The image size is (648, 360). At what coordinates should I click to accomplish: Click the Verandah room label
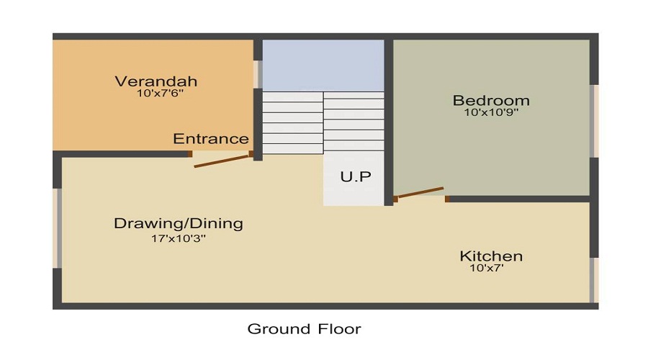pos(156,81)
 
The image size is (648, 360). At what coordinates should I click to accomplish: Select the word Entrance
pos(211,139)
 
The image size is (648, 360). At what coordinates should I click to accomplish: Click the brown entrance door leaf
pos(222,161)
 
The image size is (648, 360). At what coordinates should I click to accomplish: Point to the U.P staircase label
pos(355,177)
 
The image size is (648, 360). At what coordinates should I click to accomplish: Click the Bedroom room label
pos(491,100)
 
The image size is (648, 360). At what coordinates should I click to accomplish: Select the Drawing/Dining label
pos(179,223)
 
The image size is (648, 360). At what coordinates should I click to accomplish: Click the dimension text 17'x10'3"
pos(179,238)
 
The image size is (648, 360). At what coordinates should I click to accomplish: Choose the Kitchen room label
pos(491,256)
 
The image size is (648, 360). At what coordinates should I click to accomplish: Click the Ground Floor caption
pos(304,329)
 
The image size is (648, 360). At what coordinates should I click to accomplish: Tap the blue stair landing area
pos(323,65)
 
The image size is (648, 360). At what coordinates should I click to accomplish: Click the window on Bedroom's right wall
pos(594,121)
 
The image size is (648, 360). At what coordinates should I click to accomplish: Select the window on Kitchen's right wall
pos(594,280)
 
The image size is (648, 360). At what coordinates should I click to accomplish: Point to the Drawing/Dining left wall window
pos(58,228)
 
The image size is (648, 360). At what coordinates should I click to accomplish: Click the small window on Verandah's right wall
pos(257,73)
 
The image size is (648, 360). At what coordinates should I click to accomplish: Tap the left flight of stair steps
pos(292,122)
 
